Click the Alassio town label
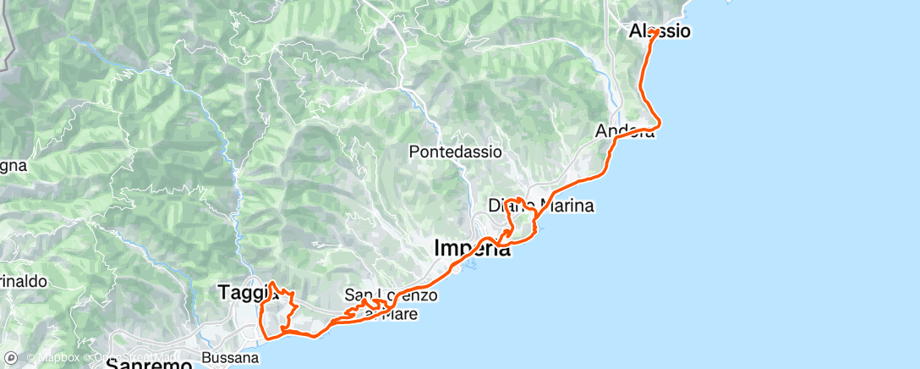(660, 31)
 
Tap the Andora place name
(624, 131)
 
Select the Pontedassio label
(455, 152)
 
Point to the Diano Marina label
(541, 206)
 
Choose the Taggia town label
(244, 291)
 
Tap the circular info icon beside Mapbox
(31, 358)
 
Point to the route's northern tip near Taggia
(271, 282)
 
